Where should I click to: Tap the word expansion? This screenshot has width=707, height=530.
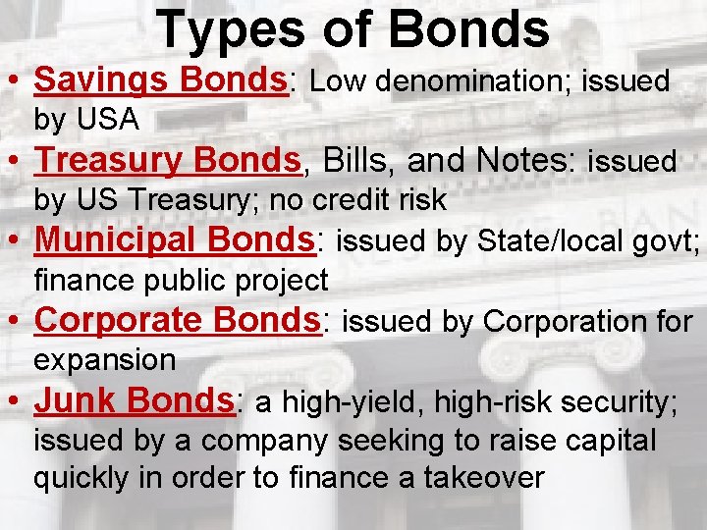coord(105,360)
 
